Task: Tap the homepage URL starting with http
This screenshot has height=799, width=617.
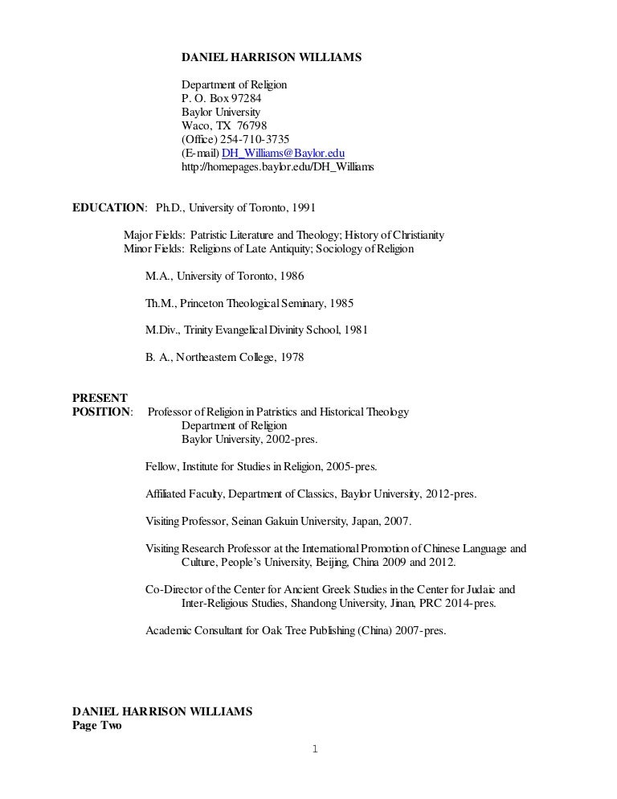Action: [277, 167]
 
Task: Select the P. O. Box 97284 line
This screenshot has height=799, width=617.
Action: [221, 98]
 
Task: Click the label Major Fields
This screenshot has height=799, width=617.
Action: [153, 235]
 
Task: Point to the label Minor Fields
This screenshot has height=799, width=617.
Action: [153, 248]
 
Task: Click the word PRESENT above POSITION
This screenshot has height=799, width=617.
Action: [99, 398]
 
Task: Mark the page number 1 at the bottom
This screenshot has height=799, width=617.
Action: [314, 750]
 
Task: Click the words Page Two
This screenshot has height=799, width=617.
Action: [96, 725]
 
